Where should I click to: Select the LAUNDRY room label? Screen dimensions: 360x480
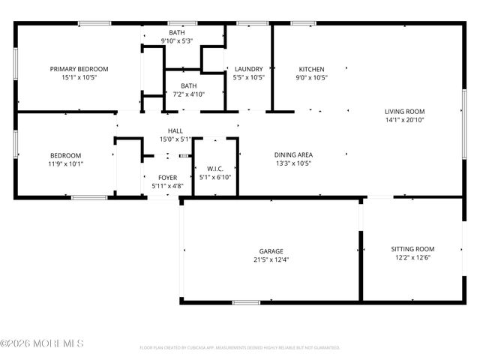pos(247,69)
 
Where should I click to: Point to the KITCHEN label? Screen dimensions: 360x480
pos(311,69)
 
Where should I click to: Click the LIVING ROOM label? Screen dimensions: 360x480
pos(404,111)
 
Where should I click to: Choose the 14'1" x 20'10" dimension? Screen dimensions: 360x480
pos(404,119)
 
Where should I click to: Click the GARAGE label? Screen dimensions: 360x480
pos(271,251)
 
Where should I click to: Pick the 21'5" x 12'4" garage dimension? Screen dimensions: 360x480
pos(271,259)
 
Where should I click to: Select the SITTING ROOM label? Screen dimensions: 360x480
pos(412,249)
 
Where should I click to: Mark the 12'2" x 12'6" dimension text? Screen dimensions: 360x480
pos(412,257)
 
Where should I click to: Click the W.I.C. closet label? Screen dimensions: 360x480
pos(216,169)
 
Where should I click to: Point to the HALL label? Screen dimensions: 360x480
pos(175,131)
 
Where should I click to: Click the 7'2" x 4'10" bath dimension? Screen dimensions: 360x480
pos(183,94)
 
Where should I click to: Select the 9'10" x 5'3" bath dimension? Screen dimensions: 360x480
pos(177,41)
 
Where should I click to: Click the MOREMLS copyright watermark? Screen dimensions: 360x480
pos(42,343)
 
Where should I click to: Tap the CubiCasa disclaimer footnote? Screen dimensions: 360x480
pos(240,348)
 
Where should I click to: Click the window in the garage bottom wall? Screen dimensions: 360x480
pos(246,302)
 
